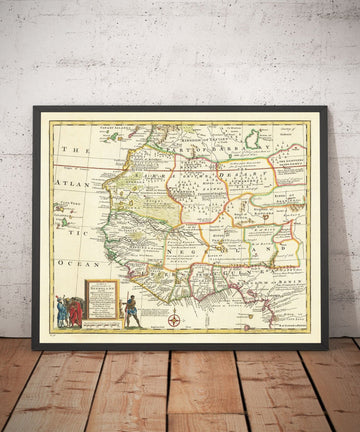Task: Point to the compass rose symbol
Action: point(175,321)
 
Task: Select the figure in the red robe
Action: point(75,312)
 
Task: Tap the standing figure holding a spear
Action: point(130,310)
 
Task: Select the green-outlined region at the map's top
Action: point(254,138)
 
